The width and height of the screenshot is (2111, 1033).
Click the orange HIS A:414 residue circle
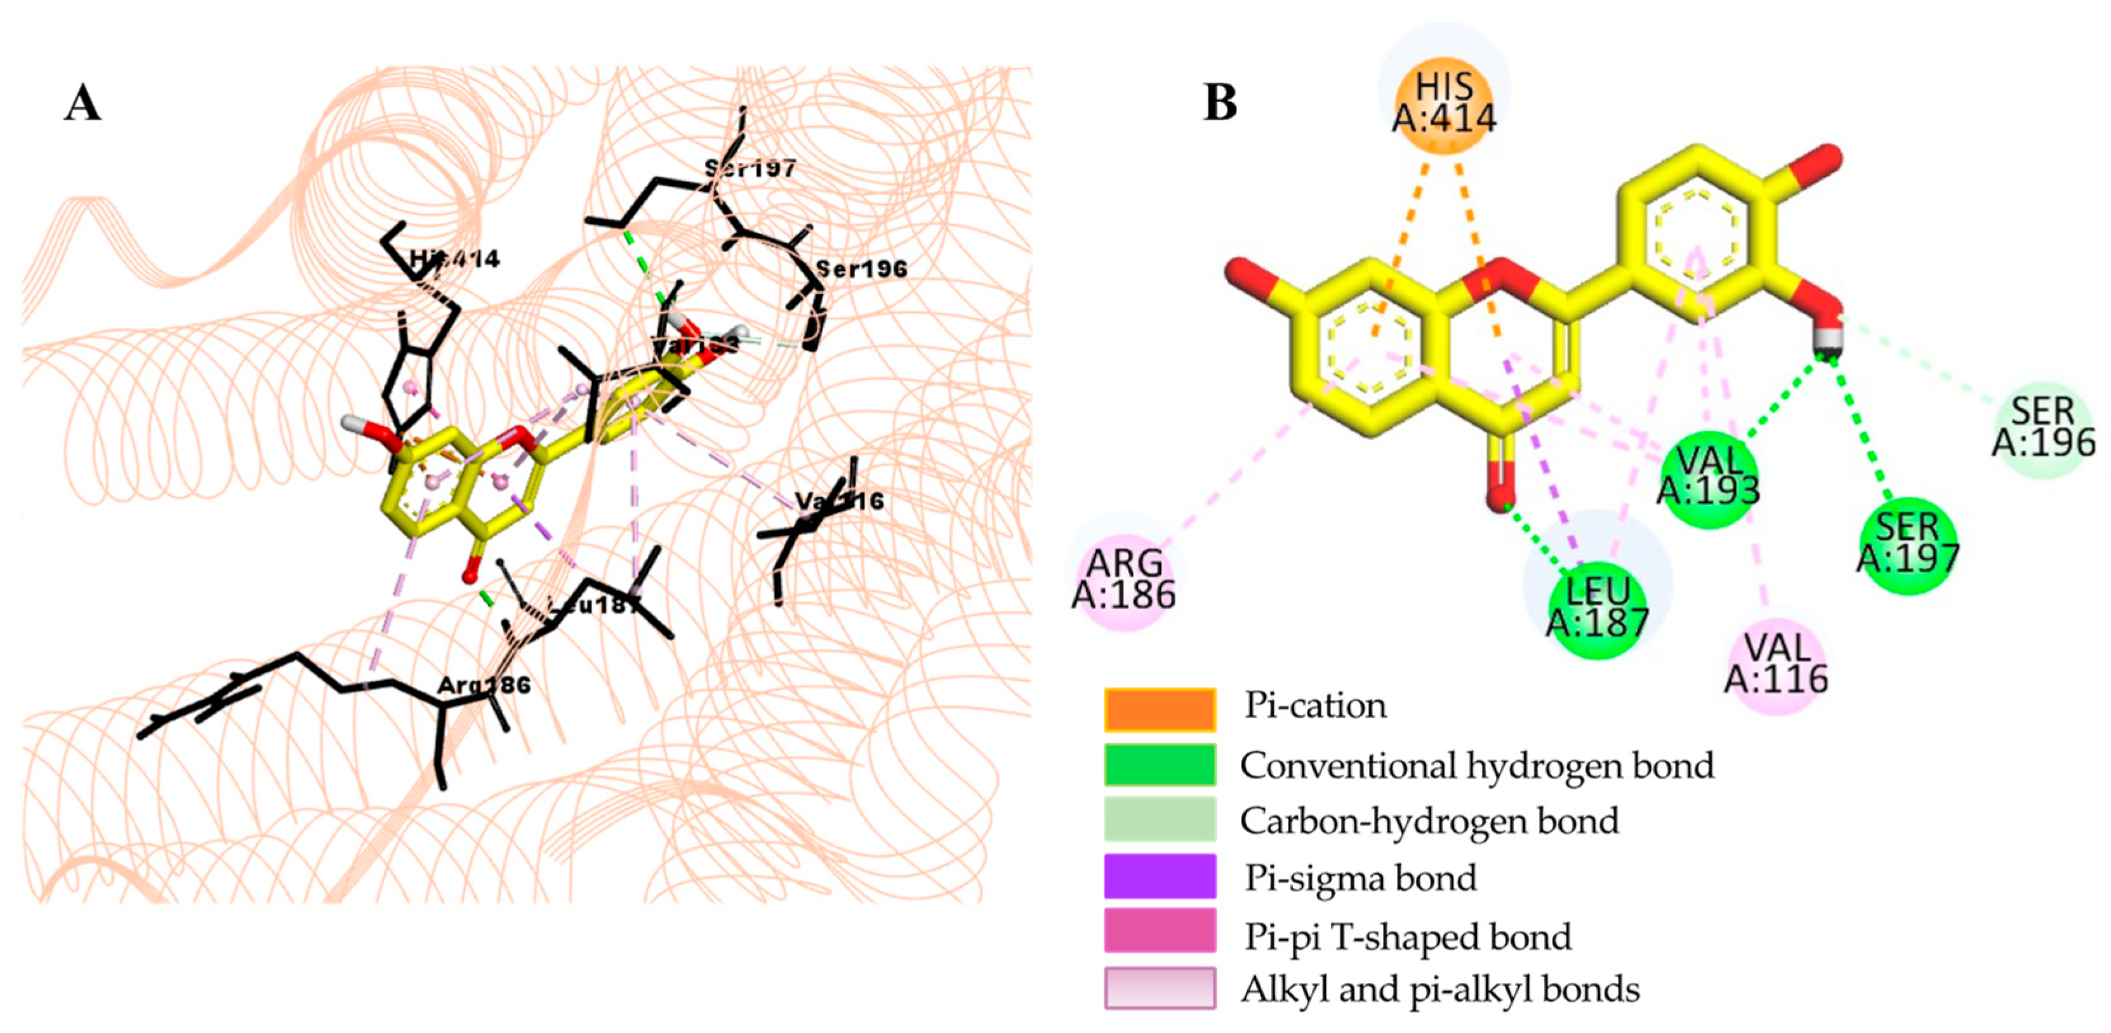pyautogui.click(x=1444, y=104)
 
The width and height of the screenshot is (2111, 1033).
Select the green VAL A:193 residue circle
pyautogui.click(x=1709, y=478)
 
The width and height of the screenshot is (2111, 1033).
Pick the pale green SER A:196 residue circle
pyautogui.click(x=2044, y=428)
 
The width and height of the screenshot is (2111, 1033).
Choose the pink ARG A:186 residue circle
pyautogui.click(x=1124, y=578)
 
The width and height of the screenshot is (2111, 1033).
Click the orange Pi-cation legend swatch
pyautogui.click(x=1160, y=709)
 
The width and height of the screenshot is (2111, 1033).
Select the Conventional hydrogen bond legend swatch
pyautogui.click(x=1160, y=765)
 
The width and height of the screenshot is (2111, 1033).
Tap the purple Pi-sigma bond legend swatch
pyautogui.click(x=1160, y=876)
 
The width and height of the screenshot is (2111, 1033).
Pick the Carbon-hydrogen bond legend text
pyautogui.click(x=1429, y=821)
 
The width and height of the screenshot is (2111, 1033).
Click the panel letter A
pyautogui.click(x=83, y=105)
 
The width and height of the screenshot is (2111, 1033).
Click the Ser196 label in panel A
pyautogui.click(x=861, y=268)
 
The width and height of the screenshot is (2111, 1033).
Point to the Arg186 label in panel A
pyautogui.click(x=484, y=685)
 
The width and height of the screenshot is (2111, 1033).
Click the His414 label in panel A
pyautogui.click(x=455, y=259)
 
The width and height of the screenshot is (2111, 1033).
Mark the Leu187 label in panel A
pyautogui.click(x=592, y=606)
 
